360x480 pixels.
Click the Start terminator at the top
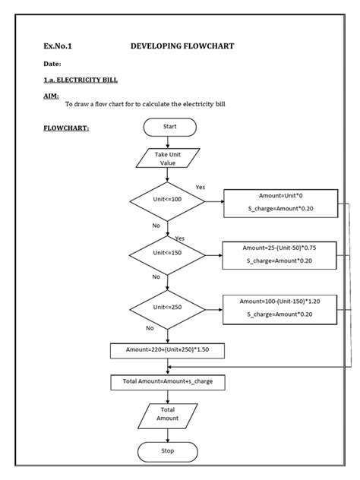[168, 128]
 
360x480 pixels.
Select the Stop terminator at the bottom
[168, 451]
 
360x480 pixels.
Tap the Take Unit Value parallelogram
[168, 159]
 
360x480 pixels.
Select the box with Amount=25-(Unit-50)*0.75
[280, 254]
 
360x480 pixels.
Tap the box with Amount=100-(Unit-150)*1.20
[280, 308]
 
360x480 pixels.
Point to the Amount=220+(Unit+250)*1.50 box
[168, 350]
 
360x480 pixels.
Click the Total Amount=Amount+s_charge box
[168, 381]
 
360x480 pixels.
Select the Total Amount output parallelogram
[168, 414]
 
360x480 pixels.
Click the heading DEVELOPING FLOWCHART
[182, 46]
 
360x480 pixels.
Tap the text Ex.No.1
[58, 47]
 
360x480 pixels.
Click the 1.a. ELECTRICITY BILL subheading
[81, 80]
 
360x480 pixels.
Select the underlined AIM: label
[52, 96]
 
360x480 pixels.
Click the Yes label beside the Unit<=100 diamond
[201, 187]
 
